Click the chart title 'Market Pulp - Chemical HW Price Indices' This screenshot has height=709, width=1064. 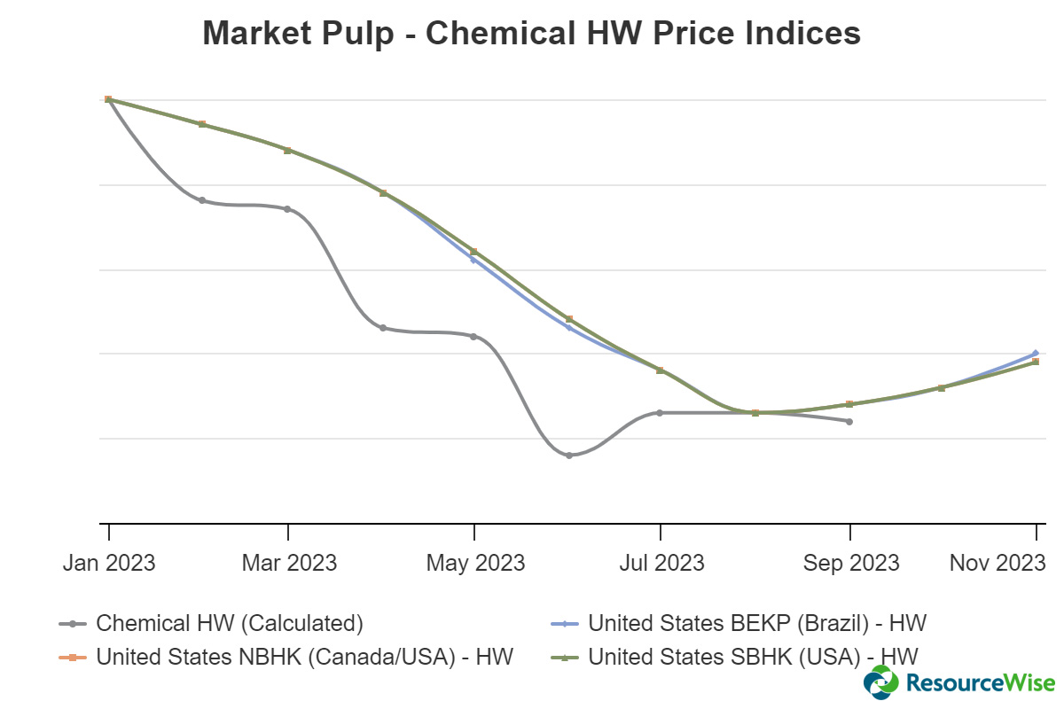tap(531, 34)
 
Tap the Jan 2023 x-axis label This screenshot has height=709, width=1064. tap(108, 563)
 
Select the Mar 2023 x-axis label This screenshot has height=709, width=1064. tap(288, 563)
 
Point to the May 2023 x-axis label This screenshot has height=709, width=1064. tap(474, 563)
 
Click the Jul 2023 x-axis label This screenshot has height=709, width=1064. tap(661, 563)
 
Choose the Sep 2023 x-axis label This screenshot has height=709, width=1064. tap(850, 563)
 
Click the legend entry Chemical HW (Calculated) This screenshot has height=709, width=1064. tap(229, 623)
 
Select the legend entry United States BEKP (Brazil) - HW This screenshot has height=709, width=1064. tap(756, 623)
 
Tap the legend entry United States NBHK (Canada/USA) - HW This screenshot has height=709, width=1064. tap(304, 657)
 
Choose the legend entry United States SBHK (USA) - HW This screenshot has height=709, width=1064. tap(753, 657)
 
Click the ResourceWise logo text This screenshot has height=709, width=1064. tap(980, 682)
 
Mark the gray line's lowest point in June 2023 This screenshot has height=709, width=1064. tap(569, 456)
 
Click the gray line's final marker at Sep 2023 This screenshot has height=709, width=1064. tap(849, 421)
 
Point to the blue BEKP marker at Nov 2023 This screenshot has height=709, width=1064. tap(1036, 353)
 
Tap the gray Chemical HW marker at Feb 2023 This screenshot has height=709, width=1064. tap(202, 200)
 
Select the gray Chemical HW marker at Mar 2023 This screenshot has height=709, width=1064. tap(287, 209)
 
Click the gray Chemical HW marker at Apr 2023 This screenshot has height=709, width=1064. tap(383, 328)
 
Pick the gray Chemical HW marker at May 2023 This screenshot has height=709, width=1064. tap(473, 337)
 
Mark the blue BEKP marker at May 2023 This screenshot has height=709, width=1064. tap(473, 260)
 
